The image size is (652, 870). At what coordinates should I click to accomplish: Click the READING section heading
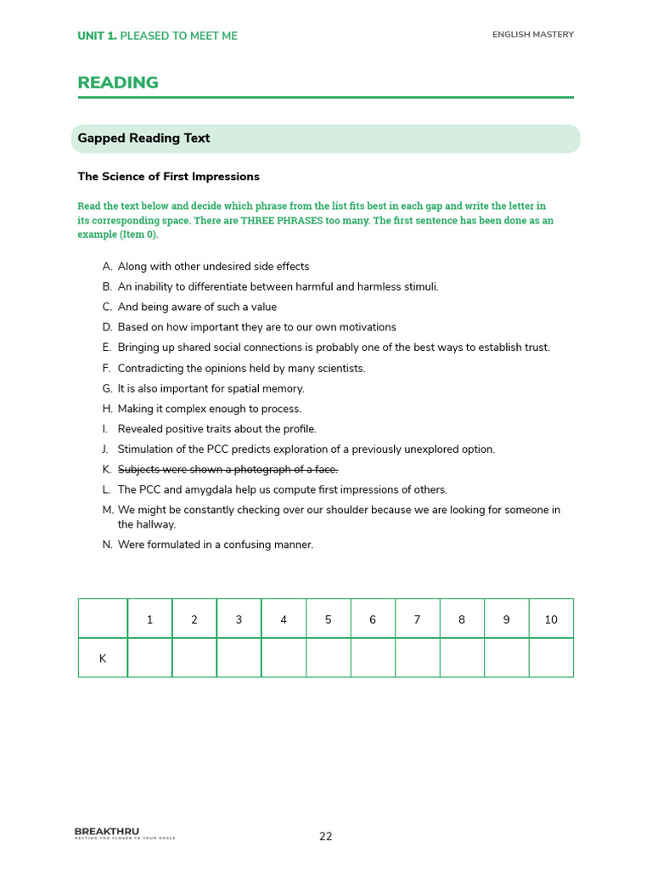[x=118, y=82]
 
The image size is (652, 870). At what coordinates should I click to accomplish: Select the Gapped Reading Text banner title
[x=143, y=138]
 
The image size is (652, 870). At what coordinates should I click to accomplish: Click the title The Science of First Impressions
[x=168, y=177]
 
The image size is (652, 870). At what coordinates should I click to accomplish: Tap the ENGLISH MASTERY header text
[x=533, y=35]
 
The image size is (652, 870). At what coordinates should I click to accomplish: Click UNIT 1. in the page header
[x=97, y=36]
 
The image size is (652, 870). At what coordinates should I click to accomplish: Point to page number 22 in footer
[x=326, y=837]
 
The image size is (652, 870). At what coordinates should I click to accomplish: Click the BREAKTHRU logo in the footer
[x=107, y=832]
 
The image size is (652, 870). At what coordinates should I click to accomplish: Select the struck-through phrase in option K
[x=228, y=470]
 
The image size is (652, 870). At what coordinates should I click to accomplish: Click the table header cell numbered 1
[x=149, y=619]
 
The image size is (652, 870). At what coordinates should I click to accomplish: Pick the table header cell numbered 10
[x=551, y=619]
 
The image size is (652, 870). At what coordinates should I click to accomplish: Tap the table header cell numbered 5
[x=328, y=619]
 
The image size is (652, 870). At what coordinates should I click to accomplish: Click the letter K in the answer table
[x=103, y=658]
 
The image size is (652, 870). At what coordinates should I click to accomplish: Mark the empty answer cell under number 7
[x=417, y=658]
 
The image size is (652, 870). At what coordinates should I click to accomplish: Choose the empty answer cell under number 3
[x=239, y=658]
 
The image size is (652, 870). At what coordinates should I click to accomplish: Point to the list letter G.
[x=107, y=388]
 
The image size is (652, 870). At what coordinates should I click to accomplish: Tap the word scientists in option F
[x=339, y=368]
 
